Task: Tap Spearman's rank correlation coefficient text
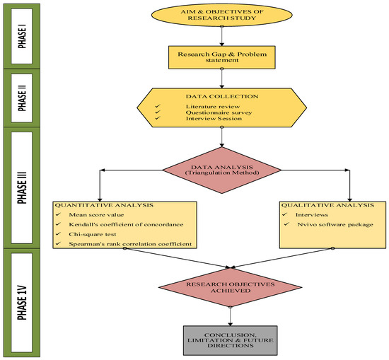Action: pyautogui.click(x=128, y=244)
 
